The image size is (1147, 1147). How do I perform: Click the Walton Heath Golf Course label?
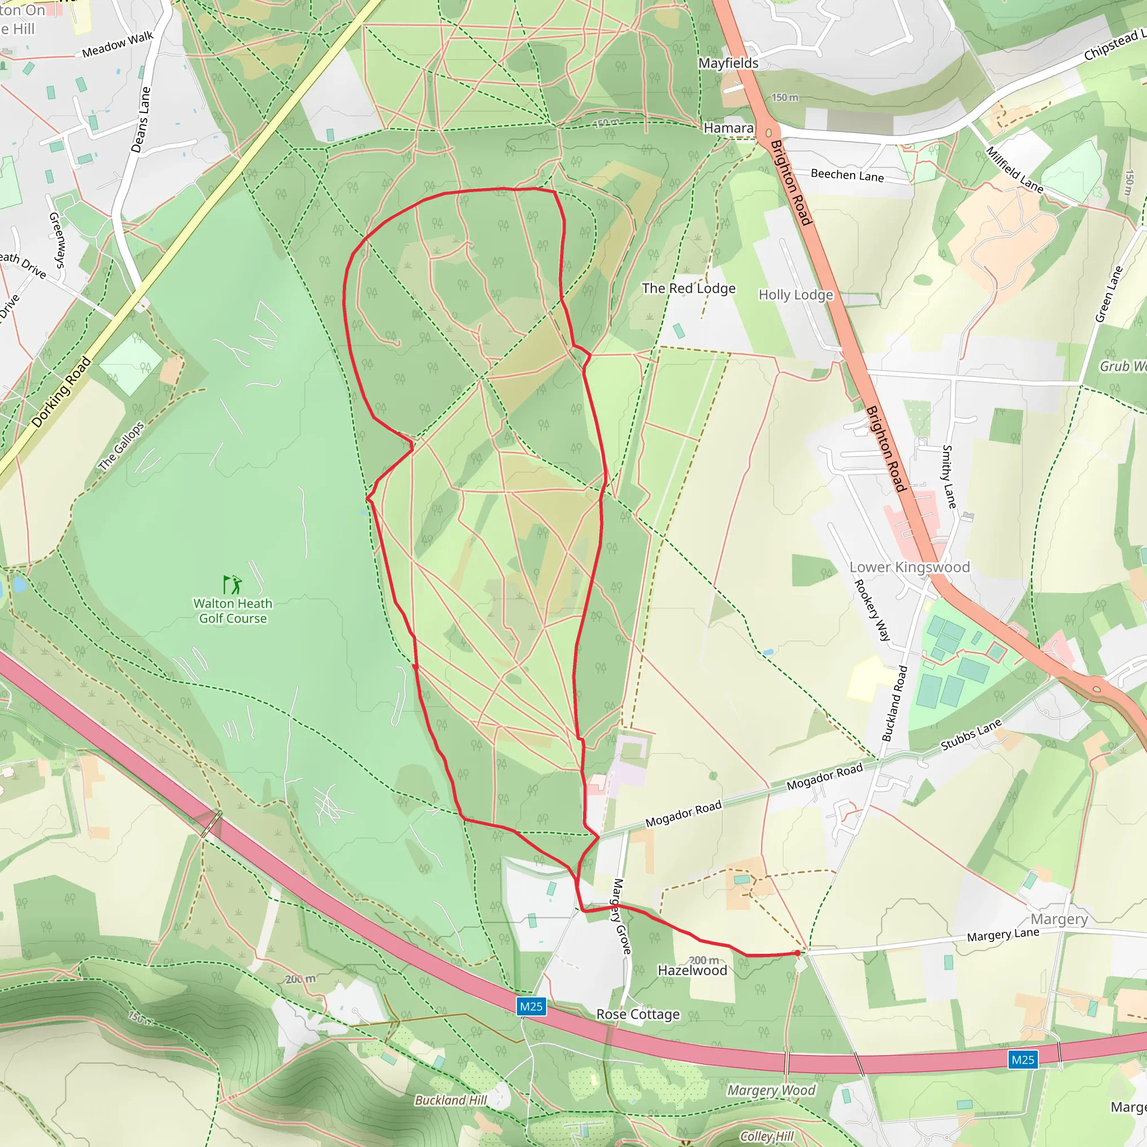233,611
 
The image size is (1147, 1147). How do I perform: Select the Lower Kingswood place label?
909,567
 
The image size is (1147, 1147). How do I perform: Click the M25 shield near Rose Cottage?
531,1006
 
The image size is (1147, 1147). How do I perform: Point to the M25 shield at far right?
1022,1060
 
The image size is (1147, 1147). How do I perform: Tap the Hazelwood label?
692,970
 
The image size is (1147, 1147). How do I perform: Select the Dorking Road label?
62,392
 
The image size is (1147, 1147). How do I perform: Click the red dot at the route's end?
797,953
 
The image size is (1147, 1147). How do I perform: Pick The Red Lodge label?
688,288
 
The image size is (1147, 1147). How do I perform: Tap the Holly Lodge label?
795,295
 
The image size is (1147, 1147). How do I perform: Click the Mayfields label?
728,63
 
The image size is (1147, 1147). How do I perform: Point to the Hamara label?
729,128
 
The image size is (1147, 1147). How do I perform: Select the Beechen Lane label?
847,175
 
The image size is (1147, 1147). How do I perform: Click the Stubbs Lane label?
971,734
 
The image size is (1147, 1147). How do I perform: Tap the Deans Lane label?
141,120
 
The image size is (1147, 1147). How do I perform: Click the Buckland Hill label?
451,1100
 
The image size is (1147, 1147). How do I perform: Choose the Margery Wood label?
771,1090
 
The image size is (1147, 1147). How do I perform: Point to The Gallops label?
121,446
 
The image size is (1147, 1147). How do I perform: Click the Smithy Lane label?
949,477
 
